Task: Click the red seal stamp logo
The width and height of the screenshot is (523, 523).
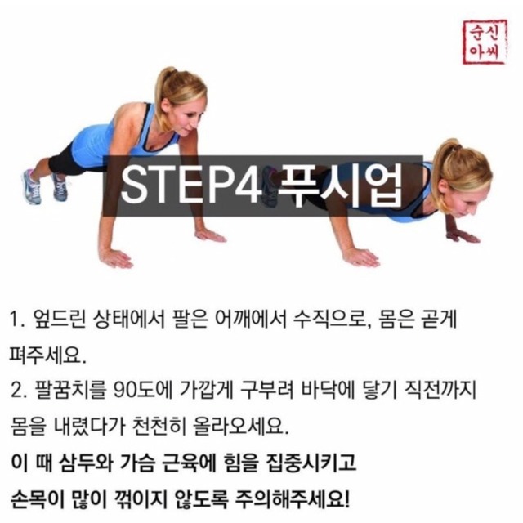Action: tap(485, 42)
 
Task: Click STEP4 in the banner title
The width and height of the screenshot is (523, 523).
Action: tap(189, 186)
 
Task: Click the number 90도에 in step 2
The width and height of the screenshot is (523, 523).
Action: tap(142, 391)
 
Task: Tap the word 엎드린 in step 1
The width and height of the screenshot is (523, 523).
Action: tap(60, 320)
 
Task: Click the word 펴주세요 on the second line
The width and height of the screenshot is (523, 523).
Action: tap(47, 356)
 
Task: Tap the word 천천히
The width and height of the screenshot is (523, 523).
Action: tap(159, 427)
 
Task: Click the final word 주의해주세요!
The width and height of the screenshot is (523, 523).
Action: tap(293, 499)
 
